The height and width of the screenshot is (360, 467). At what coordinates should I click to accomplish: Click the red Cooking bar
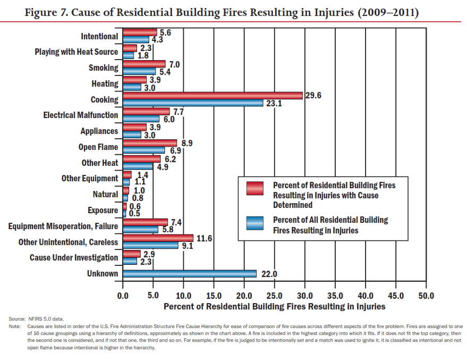pyautogui.click(x=213, y=95)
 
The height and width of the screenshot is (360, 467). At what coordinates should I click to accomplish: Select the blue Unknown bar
pyautogui.click(x=189, y=273)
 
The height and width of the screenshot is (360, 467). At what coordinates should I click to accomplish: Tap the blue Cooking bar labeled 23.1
pyautogui.click(x=193, y=103)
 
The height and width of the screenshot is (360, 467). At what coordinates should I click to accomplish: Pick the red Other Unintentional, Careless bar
pyautogui.click(x=158, y=238)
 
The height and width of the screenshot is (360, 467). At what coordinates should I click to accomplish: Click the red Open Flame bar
pyautogui.click(x=150, y=143)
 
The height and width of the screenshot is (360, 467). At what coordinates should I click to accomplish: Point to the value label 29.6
pyautogui.click(x=314, y=96)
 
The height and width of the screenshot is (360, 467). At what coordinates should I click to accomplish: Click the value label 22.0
pyautogui.click(x=269, y=274)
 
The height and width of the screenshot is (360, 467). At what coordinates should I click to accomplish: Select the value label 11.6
pyautogui.click(x=205, y=239)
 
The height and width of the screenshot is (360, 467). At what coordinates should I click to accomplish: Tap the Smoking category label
pyautogui.click(x=103, y=68)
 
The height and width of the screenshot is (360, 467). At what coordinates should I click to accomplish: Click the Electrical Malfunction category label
pyautogui.click(x=81, y=115)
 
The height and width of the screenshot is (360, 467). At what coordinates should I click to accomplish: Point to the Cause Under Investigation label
pyautogui.click(x=74, y=257)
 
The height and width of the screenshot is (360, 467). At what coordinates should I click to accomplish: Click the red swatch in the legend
pyautogui.click(x=256, y=188)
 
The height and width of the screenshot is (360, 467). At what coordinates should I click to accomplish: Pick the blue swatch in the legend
pyautogui.click(x=256, y=223)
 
